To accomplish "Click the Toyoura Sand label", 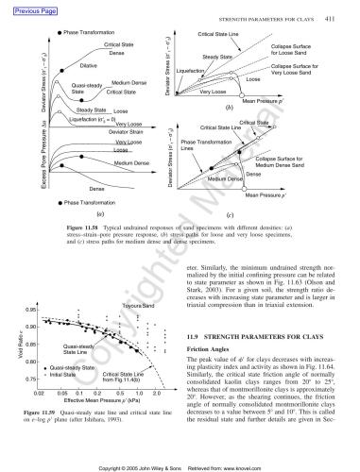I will [x=139, y=306].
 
